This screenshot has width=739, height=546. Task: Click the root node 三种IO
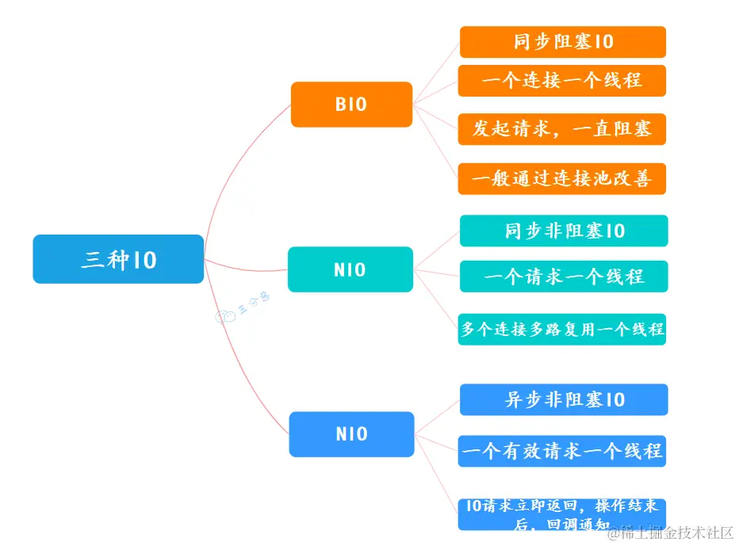point(118,259)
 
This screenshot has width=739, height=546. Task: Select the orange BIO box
point(351,104)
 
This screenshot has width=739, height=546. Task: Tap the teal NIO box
point(350,269)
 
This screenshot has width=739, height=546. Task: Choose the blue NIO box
point(351,434)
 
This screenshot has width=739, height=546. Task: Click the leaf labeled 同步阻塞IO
point(562,42)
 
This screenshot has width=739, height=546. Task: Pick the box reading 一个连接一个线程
point(562,81)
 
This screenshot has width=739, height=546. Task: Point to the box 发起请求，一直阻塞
point(562,129)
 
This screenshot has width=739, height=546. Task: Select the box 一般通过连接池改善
point(562,178)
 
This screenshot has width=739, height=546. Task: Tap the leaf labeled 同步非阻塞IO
point(564,231)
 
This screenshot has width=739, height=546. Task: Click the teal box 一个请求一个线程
point(564,277)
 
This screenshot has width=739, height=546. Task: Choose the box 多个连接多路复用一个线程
point(562,328)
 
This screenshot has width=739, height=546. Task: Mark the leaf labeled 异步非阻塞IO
point(564,399)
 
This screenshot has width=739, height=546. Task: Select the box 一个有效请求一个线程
point(562,451)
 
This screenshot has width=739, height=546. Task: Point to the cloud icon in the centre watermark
point(225,318)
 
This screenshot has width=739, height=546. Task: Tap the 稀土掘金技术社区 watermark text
point(670,533)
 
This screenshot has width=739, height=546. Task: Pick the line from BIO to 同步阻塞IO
point(437,71)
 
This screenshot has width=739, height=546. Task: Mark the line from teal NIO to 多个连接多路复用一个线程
point(437,299)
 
